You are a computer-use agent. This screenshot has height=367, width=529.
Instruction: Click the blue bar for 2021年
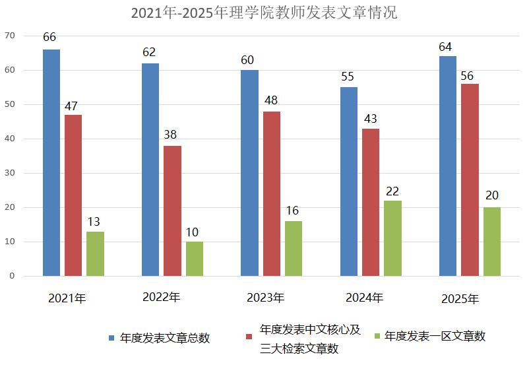coord(51,162)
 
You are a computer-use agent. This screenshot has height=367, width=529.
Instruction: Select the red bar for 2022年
coord(172,211)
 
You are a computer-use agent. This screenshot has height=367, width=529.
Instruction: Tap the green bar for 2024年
coord(392,238)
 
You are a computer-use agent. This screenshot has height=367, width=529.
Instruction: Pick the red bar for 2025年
coord(470,180)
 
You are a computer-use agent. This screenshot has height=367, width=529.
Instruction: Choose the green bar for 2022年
coord(195,259)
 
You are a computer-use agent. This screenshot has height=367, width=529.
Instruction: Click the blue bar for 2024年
coord(349,182)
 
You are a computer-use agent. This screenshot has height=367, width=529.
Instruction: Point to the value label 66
coord(49,37)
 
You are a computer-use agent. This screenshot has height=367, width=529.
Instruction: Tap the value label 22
coord(392,191)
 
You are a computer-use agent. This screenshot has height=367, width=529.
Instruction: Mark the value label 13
coord(93,222)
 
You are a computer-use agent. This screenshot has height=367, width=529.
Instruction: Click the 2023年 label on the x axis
coord(265,298)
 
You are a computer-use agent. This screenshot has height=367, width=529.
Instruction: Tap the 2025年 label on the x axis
coord(460,299)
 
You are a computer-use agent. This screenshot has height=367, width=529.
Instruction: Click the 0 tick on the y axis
coord(11,276)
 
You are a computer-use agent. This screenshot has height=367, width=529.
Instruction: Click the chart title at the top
coord(264,13)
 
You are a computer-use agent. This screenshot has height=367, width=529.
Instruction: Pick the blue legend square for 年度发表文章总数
coord(112,338)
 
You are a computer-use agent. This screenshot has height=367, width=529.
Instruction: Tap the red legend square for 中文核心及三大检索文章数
coord(249,338)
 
